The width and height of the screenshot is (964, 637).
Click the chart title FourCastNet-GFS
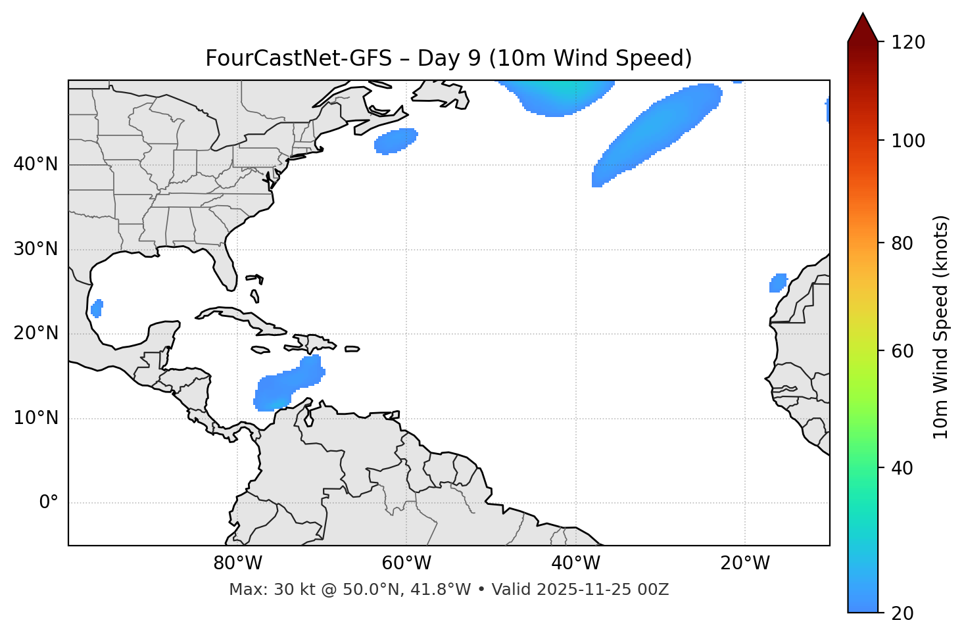[448, 59]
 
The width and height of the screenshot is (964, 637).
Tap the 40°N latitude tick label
[36, 164]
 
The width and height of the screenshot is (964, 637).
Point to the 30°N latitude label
[36, 249]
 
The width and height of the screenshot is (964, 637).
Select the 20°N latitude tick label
[36, 333]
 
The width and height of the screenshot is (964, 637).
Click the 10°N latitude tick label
[36, 418]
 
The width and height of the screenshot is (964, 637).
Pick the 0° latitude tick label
[49, 503]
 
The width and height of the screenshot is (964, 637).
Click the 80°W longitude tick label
[237, 563]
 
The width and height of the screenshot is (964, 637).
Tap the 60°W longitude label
[406, 563]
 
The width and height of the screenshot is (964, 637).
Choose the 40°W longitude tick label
[576, 563]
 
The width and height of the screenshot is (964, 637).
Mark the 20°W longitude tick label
[745, 563]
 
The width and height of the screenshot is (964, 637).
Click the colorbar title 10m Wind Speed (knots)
[941, 327]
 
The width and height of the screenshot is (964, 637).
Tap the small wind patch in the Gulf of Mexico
[97, 308]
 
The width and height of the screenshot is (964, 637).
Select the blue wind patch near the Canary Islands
[778, 283]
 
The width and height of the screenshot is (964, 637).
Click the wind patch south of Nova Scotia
[396, 141]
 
